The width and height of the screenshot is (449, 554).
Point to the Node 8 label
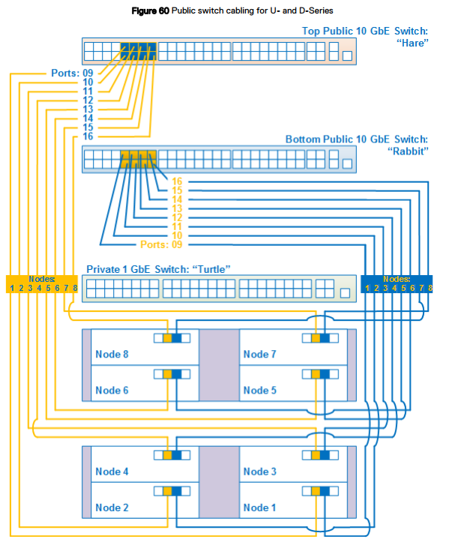pyautogui.click(x=112, y=354)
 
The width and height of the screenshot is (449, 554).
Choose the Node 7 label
pyautogui.click(x=259, y=354)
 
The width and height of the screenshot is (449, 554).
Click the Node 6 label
pyautogui.click(x=112, y=390)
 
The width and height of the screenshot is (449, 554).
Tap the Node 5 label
pyautogui.click(x=259, y=390)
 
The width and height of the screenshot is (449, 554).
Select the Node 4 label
pyautogui.click(x=112, y=472)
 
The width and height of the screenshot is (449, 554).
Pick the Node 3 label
pyautogui.click(x=259, y=472)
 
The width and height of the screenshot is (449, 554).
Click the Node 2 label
pyautogui.click(x=112, y=508)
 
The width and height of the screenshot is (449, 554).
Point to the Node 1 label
pyautogui.click(x=259, y=508)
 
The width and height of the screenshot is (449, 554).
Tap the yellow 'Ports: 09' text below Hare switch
pyautogui.click(x=72, y=73)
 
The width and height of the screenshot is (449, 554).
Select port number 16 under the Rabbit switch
pyautogui.click(x=177, y=181)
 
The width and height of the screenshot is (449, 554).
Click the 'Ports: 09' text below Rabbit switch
pyautogui.click(x=161, y=244)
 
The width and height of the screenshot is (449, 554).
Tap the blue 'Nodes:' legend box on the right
pyautogui.click(x=397, y=283)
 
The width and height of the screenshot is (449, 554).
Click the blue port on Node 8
pyautogui.click(x=177, y=338)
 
